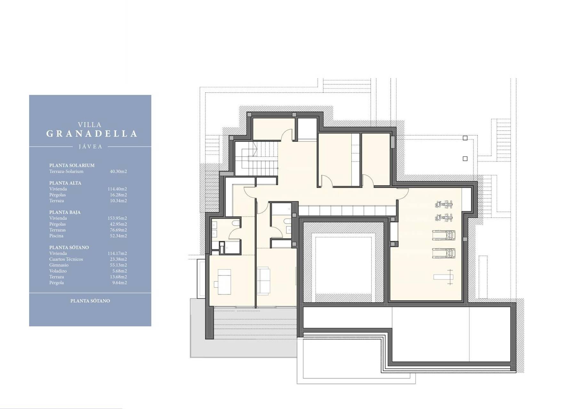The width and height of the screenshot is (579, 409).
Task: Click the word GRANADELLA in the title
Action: [x=92, y=134]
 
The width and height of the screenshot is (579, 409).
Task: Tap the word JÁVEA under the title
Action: [x=91, y=147]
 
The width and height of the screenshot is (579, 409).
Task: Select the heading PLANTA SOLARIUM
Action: [x=72, y=165]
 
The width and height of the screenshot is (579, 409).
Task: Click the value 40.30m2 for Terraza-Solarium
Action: [x=118, y=171]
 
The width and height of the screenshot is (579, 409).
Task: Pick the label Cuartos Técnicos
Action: [x=66, y=259]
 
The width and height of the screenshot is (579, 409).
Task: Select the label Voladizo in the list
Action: [x=58, y=271]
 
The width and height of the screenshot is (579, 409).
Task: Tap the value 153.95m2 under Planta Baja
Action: [x=117, y=218]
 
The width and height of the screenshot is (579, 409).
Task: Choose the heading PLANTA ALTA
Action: [x=65, y=183]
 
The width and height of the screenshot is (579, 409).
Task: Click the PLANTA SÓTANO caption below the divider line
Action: [x=90, y=301]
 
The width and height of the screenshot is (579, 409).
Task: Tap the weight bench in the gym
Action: [x=443, y=277]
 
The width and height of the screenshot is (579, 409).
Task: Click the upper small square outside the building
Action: [x=465, y=138]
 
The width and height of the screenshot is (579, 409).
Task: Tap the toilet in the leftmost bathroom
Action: [x=235, y=223]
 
